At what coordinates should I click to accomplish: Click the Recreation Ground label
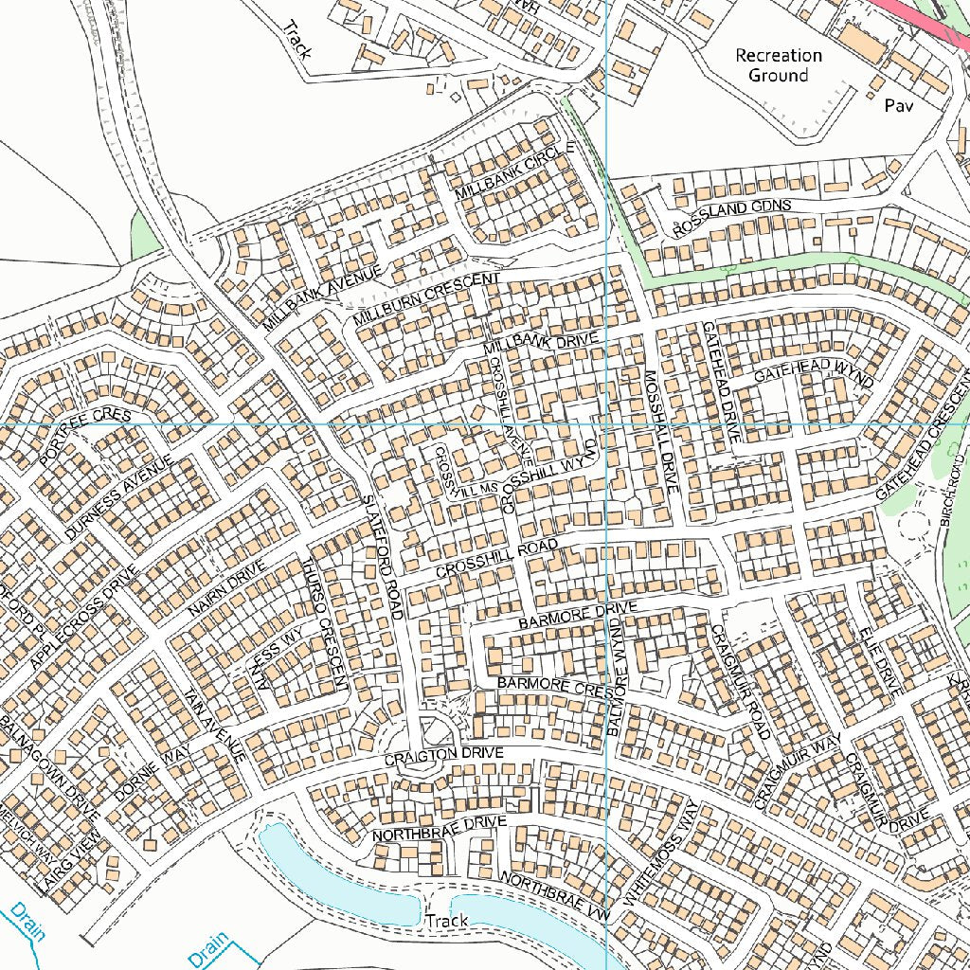click(x=779, y=65)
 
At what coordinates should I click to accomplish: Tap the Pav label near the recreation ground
click(x=899, y=106)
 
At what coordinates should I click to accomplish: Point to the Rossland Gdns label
click(x=731, y=217)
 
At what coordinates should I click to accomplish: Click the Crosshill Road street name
click(x=496, y=560)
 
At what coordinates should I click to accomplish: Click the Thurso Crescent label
click(x=327, y=629)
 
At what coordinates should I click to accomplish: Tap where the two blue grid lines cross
click(x=606, y=424)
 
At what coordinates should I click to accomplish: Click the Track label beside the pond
click(x=447, y=921)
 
